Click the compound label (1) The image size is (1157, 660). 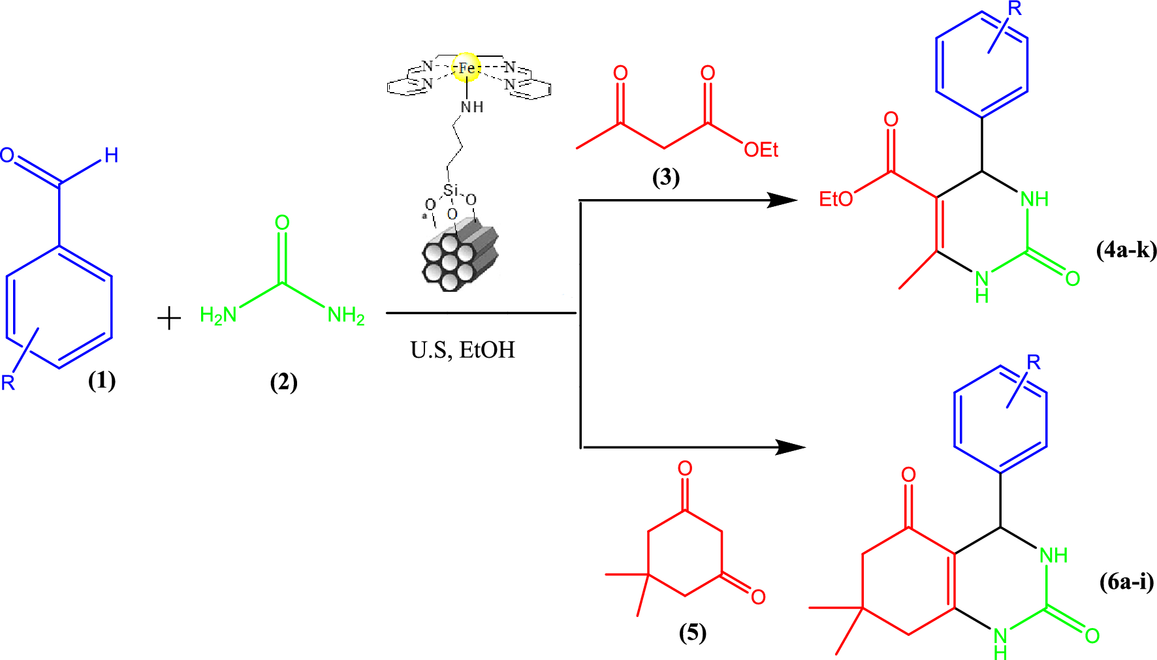[102, 380]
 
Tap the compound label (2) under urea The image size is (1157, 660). [284, 382]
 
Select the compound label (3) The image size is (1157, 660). [666, 177]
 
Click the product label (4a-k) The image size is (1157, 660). [1126, 250]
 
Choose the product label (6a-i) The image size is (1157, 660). [1126, 581]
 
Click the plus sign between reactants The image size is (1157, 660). [169, 319]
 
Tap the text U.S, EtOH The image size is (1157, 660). [462, 351]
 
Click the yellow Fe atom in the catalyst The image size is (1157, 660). [467, 67]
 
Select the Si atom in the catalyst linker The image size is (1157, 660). [451, 191]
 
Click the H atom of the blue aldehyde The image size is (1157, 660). [112, 155]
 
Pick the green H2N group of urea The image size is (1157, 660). [218, 316]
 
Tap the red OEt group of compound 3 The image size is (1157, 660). [761, 150]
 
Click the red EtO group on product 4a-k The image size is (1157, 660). [836, 199]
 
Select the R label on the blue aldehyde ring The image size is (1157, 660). [8, 383]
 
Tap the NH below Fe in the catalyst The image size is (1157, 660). [472, 107]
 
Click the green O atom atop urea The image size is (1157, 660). [282, 223]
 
